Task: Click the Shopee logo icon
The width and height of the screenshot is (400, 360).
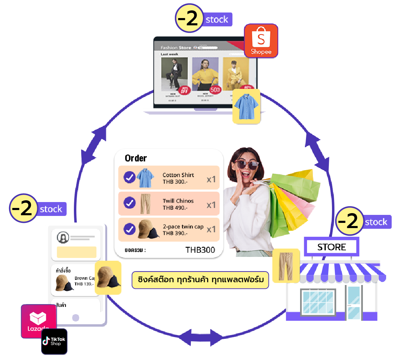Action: pyautogui.click(x=261, y=41)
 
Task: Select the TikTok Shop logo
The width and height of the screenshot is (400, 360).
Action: pyautogui.click(x=54, y=341)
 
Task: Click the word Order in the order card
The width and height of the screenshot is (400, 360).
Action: pyautogui.click(x=136, y=158)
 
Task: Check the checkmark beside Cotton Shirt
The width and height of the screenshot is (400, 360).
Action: pyautogui.click(x=129, y=177)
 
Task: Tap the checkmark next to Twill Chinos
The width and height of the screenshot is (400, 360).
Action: pyautogui.click(x=129, y=203)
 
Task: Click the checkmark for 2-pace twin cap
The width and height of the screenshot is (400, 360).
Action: pyautogui.click(x=129, y=229)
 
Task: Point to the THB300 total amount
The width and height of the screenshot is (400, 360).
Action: pyautogui.click(x=200, y=250)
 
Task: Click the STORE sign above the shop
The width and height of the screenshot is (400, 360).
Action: pyautogui.click(x=332, y=247)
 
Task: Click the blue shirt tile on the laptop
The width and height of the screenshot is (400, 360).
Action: pyautogui.click(x=246, y=106)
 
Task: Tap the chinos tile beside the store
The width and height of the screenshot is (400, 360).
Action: pyautogui.click(x=286, y=266)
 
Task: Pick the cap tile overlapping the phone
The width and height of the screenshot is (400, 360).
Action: pyautogui.click(x=108, y=278)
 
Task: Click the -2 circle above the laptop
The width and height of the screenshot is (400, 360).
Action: pyautogui.click(x=189, y=18)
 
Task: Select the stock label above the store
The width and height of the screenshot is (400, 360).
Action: pyautogui.click(x=376, y=222)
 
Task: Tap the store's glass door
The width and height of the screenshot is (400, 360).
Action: pyautogui.click(x=354, y=302)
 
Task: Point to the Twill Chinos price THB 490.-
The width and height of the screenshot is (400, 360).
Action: pyautogui.click(x=175, y=208)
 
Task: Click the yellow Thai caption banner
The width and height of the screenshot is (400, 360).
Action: pyautogui.click(x=200, y=280)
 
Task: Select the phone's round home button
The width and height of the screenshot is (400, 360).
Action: pyautogui.click(x=76, y=318)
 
